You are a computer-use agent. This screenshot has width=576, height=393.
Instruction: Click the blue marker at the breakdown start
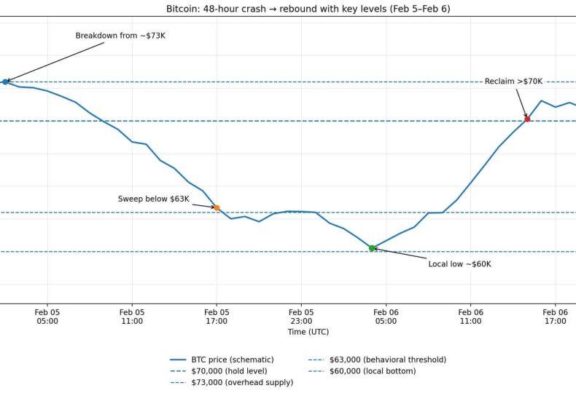tap(5, 82)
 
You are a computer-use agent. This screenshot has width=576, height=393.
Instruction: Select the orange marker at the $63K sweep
tap(217, 208)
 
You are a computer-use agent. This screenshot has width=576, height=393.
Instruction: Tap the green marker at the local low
tap(372, 248)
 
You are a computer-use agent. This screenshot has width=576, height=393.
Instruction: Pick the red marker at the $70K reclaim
tap(527, 119)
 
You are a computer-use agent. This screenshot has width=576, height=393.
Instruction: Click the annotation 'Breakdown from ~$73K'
tap(120, 36)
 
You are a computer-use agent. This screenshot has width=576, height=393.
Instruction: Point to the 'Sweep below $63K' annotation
tap(153, 199)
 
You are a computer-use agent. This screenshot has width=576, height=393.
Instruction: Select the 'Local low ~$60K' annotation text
tap(459, 264)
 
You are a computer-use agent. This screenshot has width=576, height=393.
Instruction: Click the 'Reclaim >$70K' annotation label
tap(513, 82)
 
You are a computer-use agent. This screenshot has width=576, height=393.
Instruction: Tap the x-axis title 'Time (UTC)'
tap(308, 332)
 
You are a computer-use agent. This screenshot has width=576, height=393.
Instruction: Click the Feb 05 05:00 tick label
tap(47, 316)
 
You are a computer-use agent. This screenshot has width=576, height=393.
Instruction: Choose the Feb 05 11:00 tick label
tap(132, 316)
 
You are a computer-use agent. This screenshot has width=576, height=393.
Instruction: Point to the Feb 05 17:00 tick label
tap(217, 316)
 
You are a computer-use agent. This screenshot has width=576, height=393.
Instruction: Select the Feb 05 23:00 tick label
tap(301, 316)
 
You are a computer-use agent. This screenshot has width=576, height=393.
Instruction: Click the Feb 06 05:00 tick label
tap(386, 316)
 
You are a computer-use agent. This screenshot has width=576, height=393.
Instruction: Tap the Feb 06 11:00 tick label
tap(470, 316)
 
